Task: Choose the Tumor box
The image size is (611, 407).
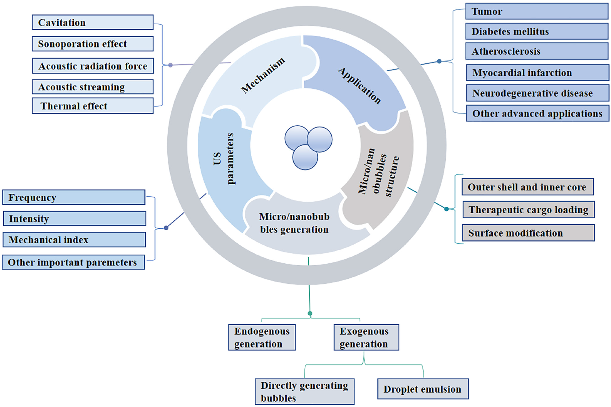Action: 537,11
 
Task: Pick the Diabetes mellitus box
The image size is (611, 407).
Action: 537,31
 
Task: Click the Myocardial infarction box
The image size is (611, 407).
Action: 537,73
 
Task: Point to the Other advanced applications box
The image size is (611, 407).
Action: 537,113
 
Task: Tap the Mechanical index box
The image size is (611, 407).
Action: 74,240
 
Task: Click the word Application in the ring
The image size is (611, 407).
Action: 359,86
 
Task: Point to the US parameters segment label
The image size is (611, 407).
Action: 223,159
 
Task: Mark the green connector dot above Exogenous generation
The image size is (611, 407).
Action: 310,313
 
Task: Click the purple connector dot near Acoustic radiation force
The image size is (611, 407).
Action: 170,65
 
